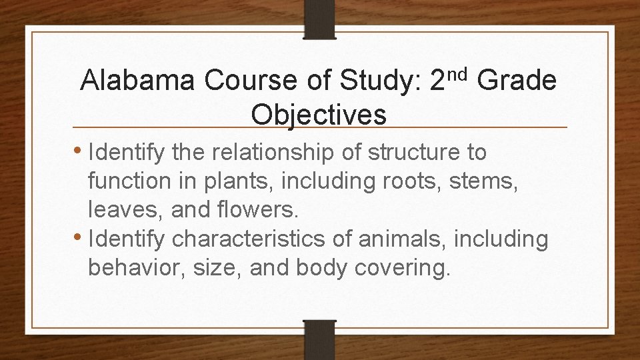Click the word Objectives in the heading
coord(319,115)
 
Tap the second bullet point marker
coord(80,237)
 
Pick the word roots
coord(387,182)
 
